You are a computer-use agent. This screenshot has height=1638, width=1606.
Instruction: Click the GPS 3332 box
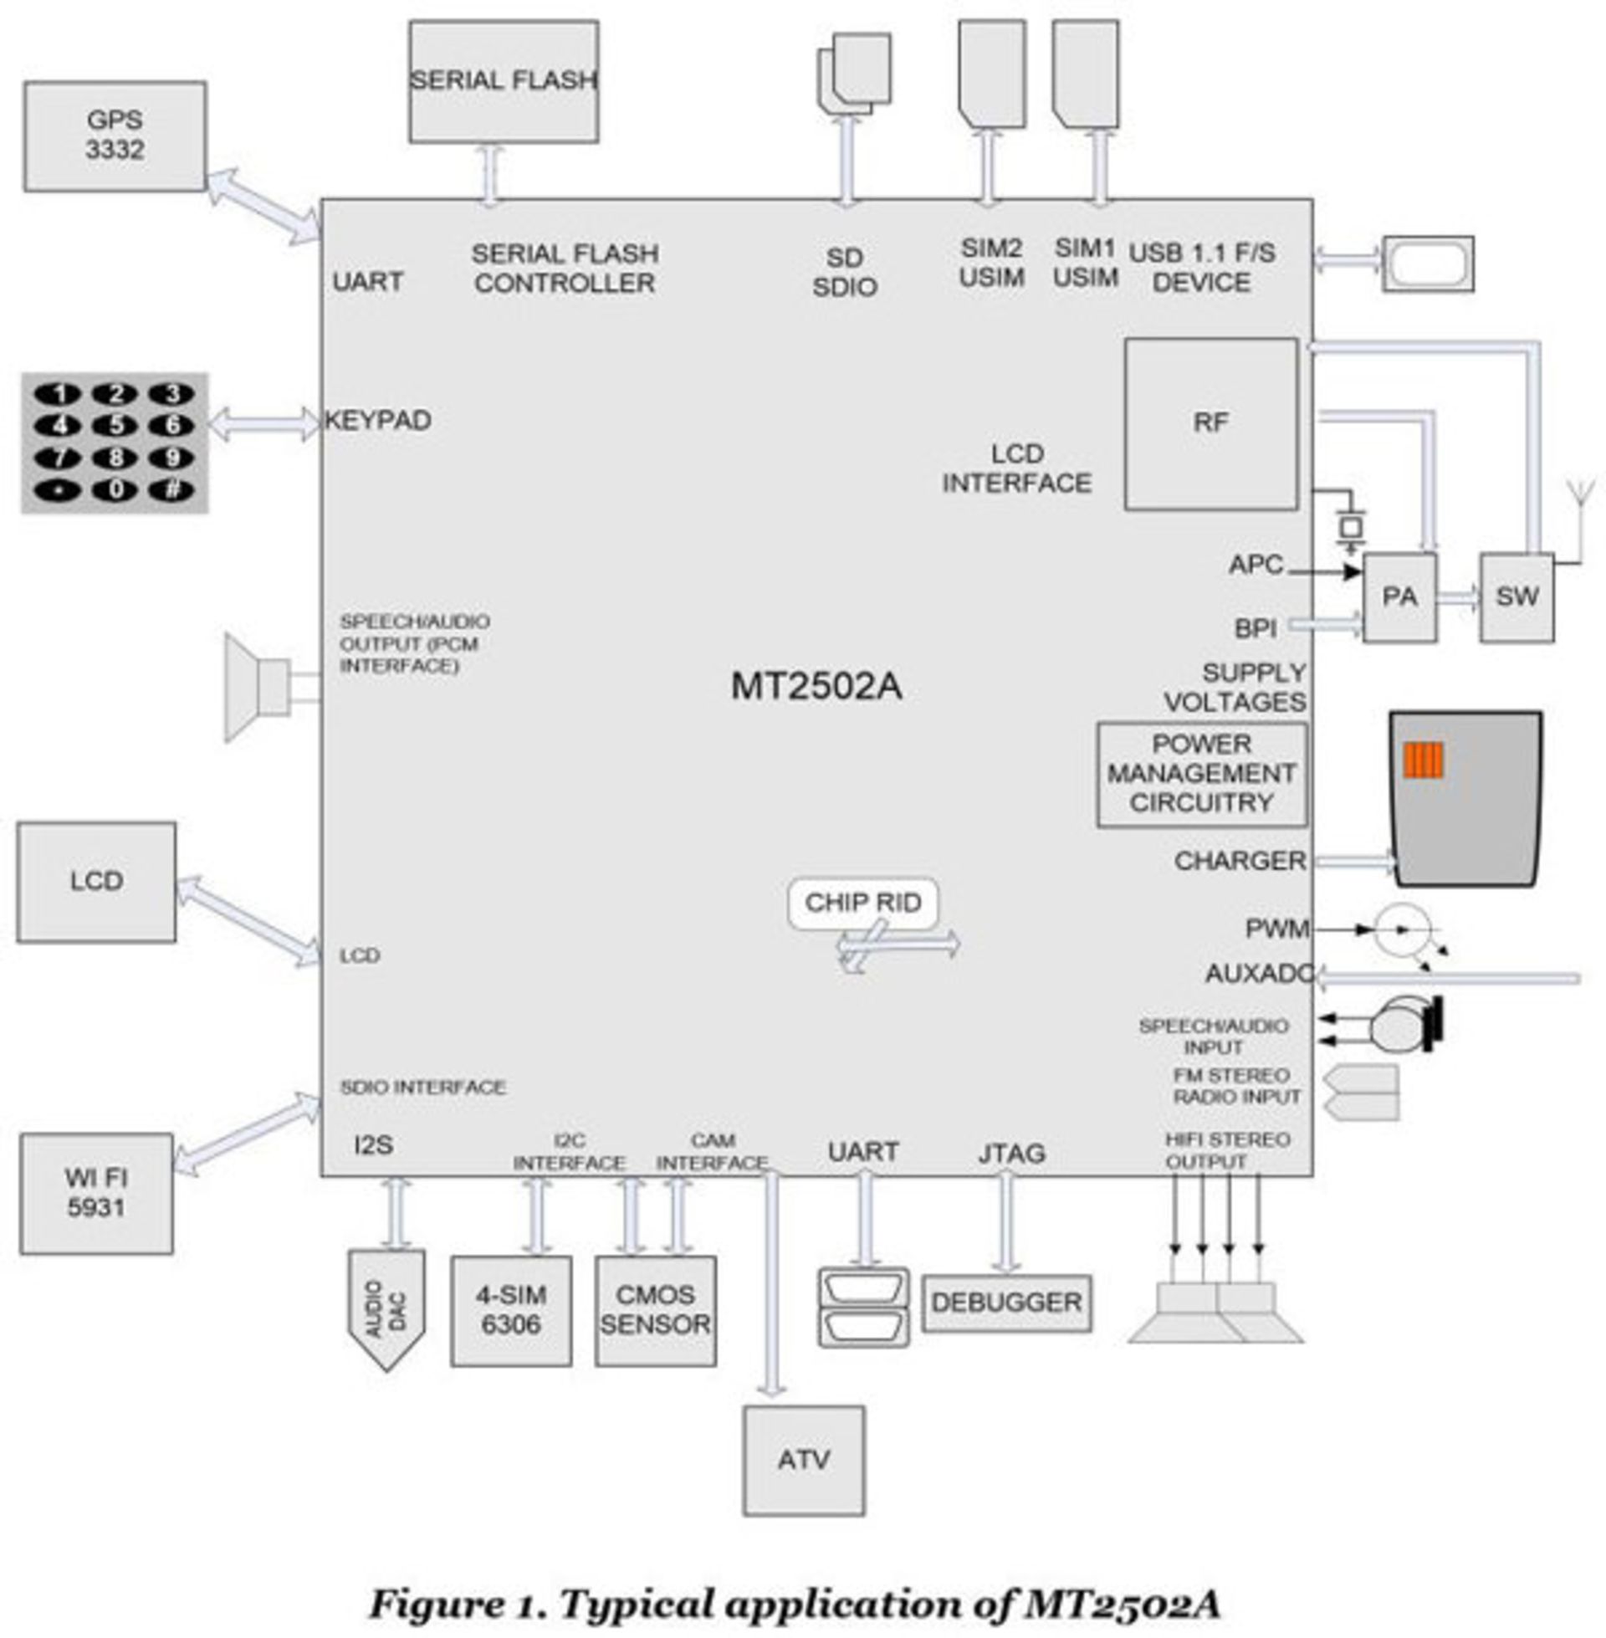(115, 136)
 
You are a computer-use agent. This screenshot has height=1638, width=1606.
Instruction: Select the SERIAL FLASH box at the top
(504, 81)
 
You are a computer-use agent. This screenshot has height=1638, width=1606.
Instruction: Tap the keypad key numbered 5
(115, 425)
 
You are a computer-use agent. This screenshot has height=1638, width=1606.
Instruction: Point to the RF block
(1210, 423)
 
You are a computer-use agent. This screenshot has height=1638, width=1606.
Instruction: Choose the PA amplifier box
(1399, 597)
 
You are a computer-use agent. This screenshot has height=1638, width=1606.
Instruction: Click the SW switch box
(1516, 597)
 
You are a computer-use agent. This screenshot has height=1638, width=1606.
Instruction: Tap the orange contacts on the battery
(1423, 760)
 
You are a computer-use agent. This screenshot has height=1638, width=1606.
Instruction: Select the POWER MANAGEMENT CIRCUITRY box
(1201, 774)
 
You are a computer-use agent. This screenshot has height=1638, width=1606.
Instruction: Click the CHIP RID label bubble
(862, 903)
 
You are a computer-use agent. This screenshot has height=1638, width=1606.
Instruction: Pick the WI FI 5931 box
(96, 1194)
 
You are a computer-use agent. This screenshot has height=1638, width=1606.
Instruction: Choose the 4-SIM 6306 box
(510, 1311)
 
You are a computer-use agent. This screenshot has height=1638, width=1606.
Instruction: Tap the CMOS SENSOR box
(656, 1311)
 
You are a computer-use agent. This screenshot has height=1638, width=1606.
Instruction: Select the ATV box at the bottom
(803, 1459)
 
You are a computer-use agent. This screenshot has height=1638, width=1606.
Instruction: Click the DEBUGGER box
(1006, 1303)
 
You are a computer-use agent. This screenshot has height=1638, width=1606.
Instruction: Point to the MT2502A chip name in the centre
(816, 686)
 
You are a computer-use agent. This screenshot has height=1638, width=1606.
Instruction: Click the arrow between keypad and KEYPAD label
(264, 423)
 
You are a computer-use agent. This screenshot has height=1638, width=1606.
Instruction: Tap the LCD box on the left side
(96, 882)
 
